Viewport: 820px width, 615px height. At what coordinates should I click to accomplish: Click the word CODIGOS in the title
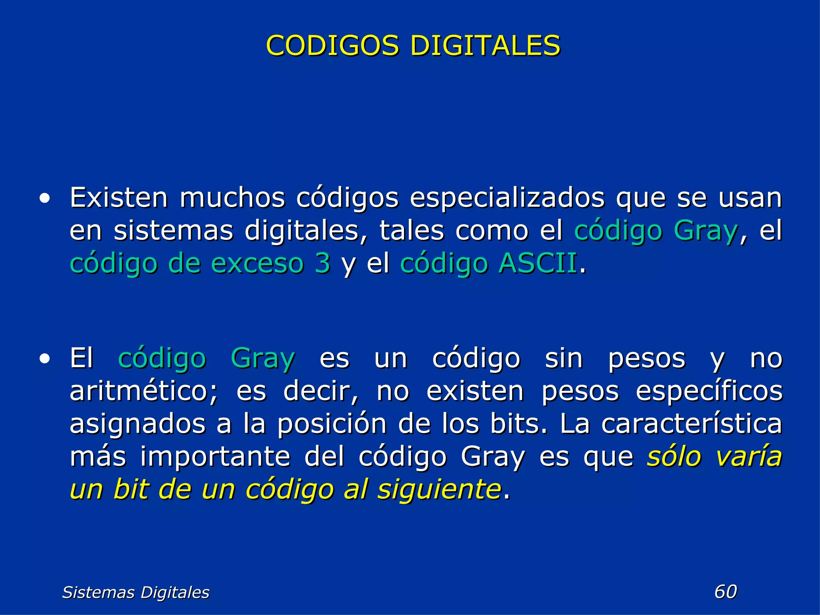(x=332, y=45)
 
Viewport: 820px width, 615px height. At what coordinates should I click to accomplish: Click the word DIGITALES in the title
(x=485, y=45)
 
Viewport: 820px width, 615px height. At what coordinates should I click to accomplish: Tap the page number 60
(x=726, y=591)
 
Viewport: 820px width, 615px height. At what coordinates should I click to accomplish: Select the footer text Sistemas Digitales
(x=136, y=592)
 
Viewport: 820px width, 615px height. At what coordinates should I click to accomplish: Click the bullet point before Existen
(x=45, y=198)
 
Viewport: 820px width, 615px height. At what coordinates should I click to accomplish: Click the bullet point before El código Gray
(x=45, y=359)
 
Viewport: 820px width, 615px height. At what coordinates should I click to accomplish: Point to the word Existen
(x=119, y=198)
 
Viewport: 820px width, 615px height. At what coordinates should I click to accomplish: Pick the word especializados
(x=507, y=199)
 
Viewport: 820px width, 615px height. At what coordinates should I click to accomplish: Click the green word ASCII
(x=538, y=263)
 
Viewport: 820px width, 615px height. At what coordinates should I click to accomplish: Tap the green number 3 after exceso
(x=322, y=263)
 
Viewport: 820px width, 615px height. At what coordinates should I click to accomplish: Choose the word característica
(x=691, y=424)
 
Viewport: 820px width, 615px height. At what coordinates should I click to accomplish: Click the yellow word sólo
(x=674, y=456)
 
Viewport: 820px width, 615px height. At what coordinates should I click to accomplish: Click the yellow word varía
(x=748, y=456)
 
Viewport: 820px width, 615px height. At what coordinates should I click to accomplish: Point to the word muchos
(x=232, y=198)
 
